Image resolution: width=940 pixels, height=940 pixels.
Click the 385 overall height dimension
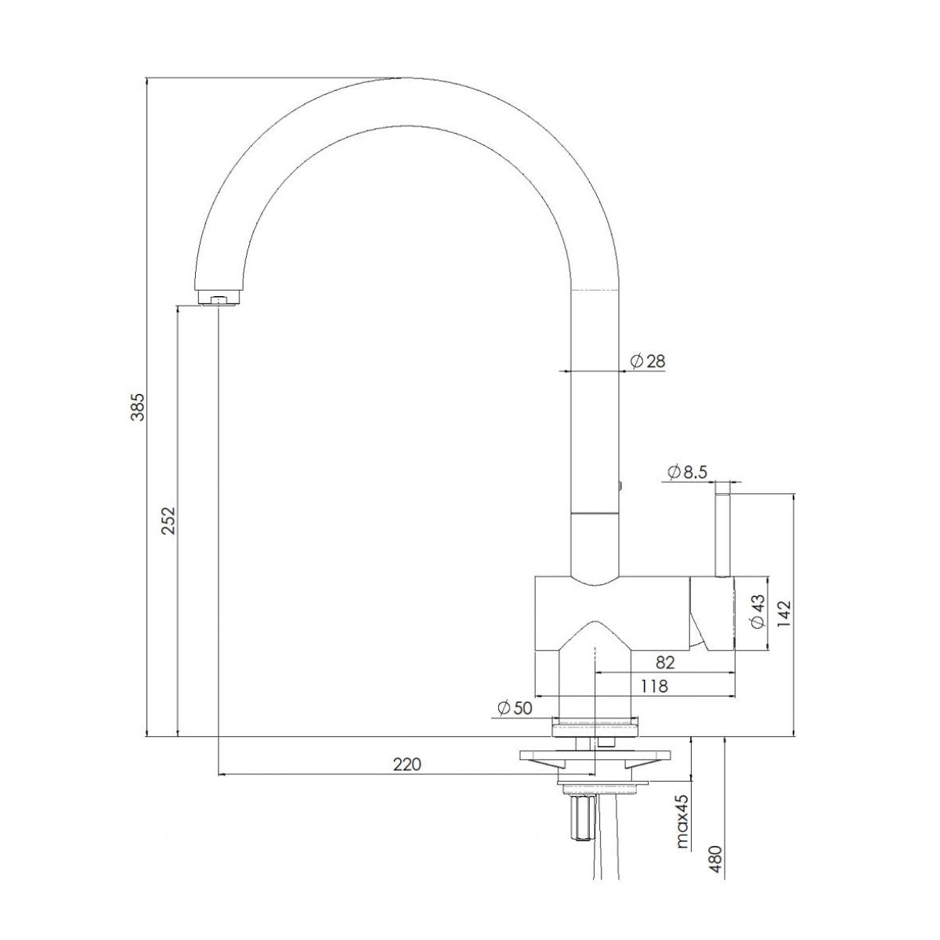tap(138, 406)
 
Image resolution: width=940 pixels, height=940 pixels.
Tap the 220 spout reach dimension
tap(407, 765)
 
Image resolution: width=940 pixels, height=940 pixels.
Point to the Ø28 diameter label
tap(647, 361)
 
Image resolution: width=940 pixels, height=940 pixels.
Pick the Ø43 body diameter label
tap(756, 613)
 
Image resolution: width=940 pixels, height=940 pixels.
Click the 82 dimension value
tap(664, 662)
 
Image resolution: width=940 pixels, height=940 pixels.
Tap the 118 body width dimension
tap(654, 686)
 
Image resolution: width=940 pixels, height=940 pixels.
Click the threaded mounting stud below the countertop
tap(582, 816)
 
